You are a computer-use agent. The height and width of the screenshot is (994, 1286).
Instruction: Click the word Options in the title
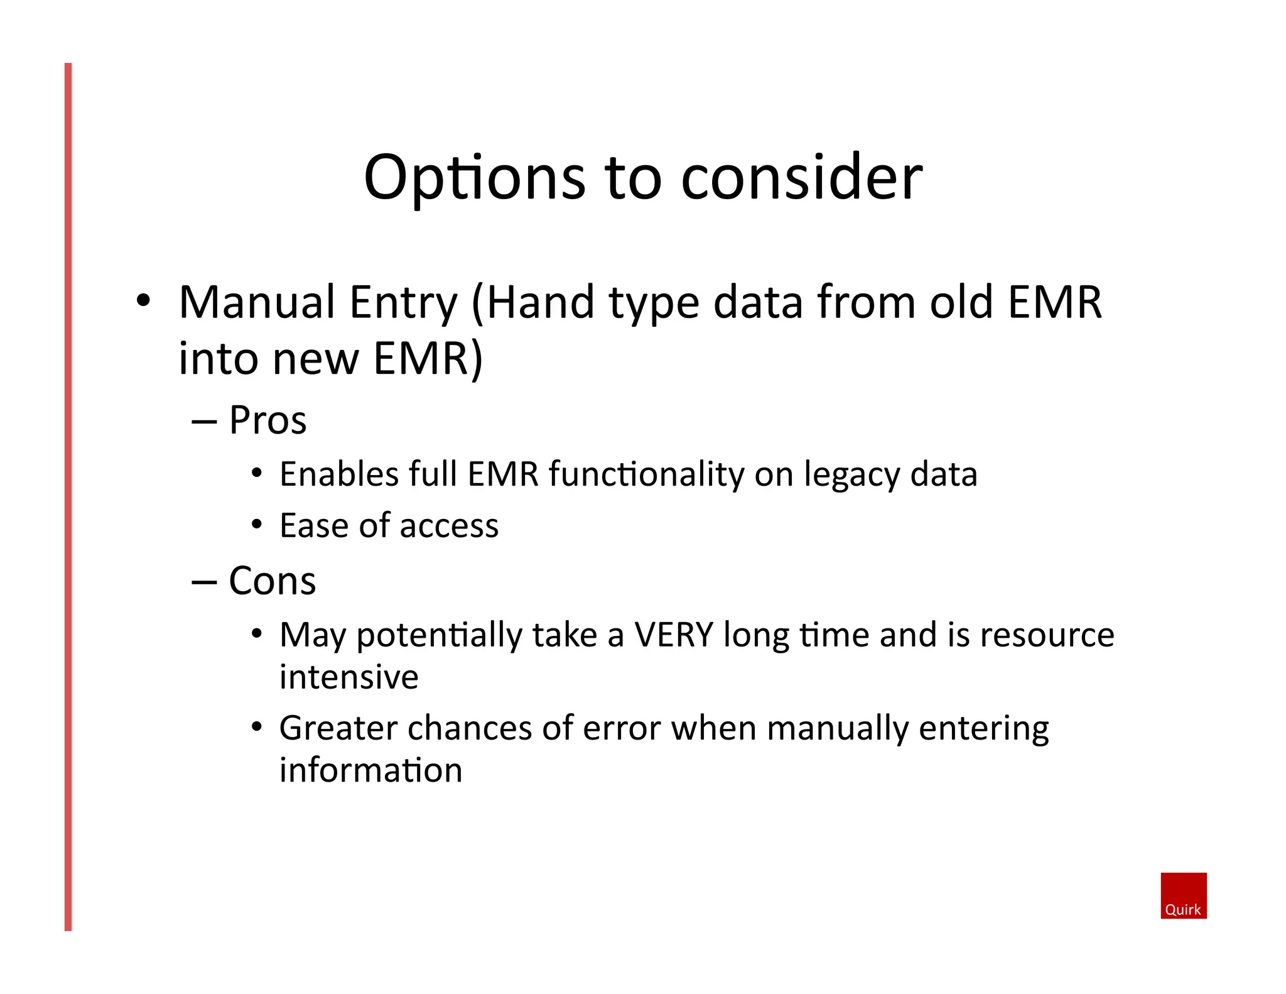pos(474,179)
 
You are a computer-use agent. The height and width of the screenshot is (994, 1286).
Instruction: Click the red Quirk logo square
pos(1183,895)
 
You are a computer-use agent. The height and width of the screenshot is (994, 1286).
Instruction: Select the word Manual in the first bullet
pos(257,303)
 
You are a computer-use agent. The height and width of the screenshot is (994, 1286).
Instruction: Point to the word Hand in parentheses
pos(540,303)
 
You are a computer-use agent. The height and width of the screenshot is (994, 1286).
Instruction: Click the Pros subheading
pos(267,420)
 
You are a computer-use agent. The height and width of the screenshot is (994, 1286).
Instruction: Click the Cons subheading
pos(272,581)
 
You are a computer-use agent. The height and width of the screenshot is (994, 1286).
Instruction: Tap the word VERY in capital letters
pos(673,635)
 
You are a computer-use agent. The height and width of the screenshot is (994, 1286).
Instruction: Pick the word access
pos(448,526)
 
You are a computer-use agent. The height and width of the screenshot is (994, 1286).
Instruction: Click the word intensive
pos(349,677)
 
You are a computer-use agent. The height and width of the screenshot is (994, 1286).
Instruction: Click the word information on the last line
pos(370,770)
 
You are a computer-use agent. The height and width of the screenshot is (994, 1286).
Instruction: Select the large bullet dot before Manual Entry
pos(143,300)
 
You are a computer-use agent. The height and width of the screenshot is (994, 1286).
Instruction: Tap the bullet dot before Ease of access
pos(256,524)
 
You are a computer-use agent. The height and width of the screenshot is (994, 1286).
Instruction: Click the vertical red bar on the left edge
pos(68,496)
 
